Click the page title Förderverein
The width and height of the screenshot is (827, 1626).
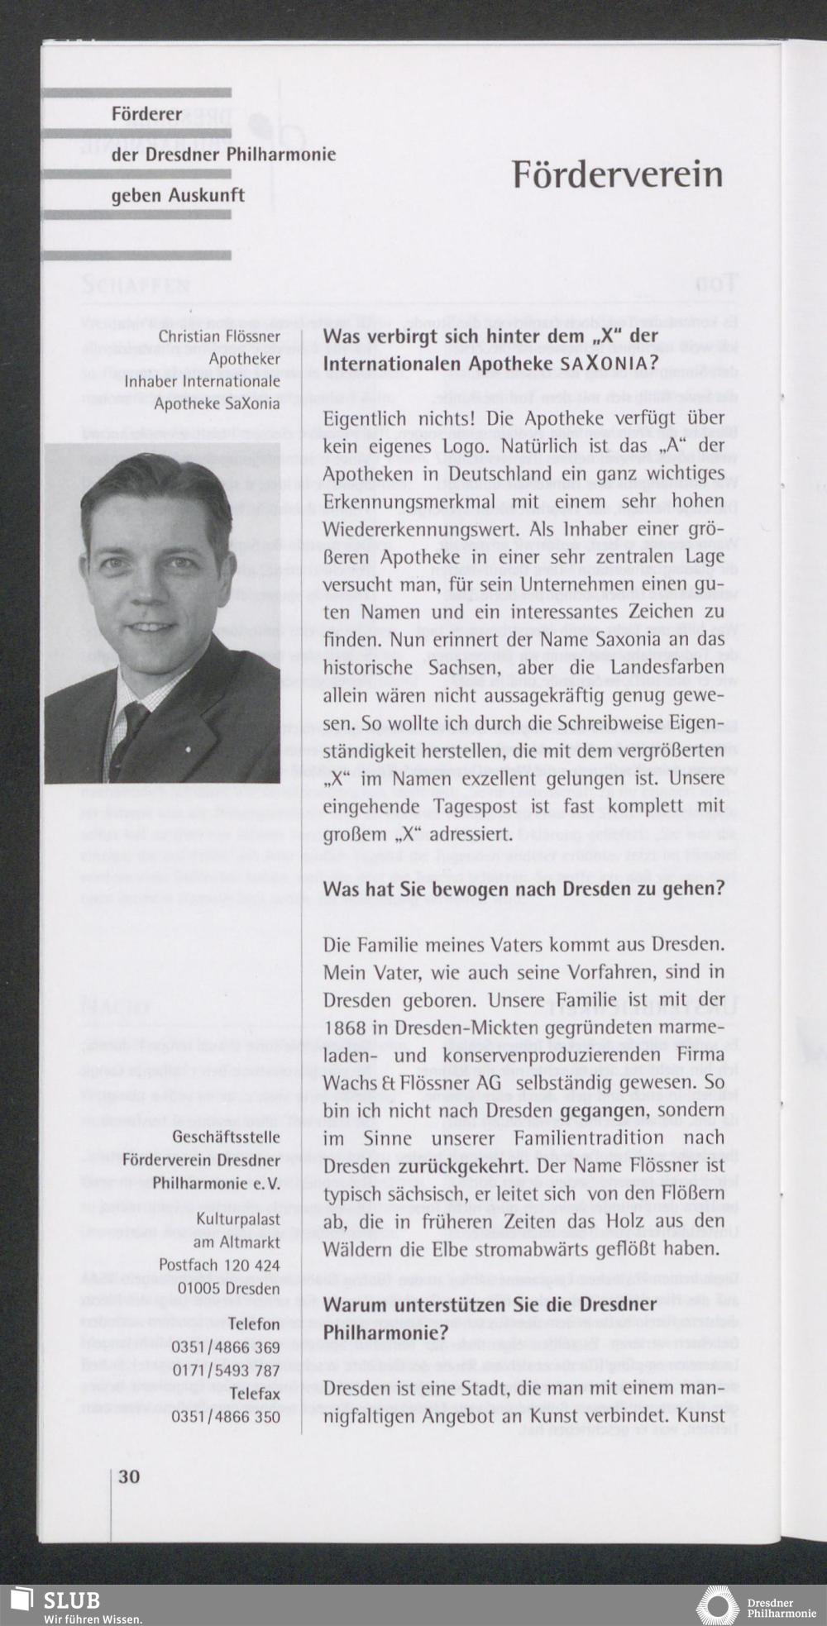pyautogui.click(x=617, y=174)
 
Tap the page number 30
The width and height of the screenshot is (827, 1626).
pyautogui.click(x=129, y=1476)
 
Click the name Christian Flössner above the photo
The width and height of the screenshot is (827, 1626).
pyautogui.click(x=219, y=336)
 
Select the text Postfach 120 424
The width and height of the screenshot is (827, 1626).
pyautogui.click(x=219, y=1265)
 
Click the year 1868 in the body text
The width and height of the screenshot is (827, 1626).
pyautogui.click(x=345, y=1028)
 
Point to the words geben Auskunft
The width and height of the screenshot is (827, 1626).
pyautogui.click(x=178, y=196)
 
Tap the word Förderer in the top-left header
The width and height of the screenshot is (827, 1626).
pyautogui.click(x=146, y=114)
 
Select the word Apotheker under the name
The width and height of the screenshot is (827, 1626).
pyautogui.click(x=244, y=359)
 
